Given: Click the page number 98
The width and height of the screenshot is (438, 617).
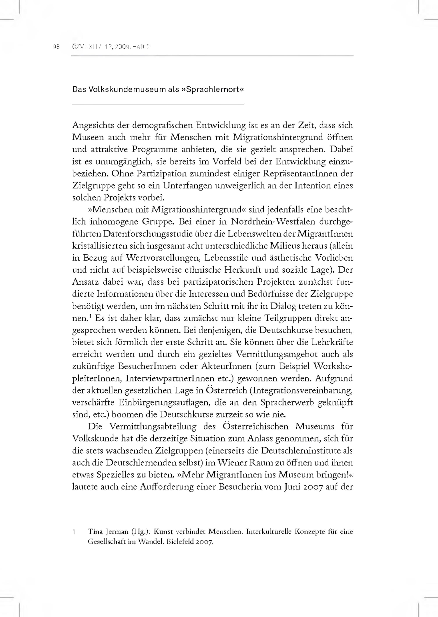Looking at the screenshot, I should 56,47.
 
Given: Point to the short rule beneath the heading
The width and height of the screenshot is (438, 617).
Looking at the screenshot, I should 158,104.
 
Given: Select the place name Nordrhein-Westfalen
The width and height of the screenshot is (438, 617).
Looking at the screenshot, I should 274,222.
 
